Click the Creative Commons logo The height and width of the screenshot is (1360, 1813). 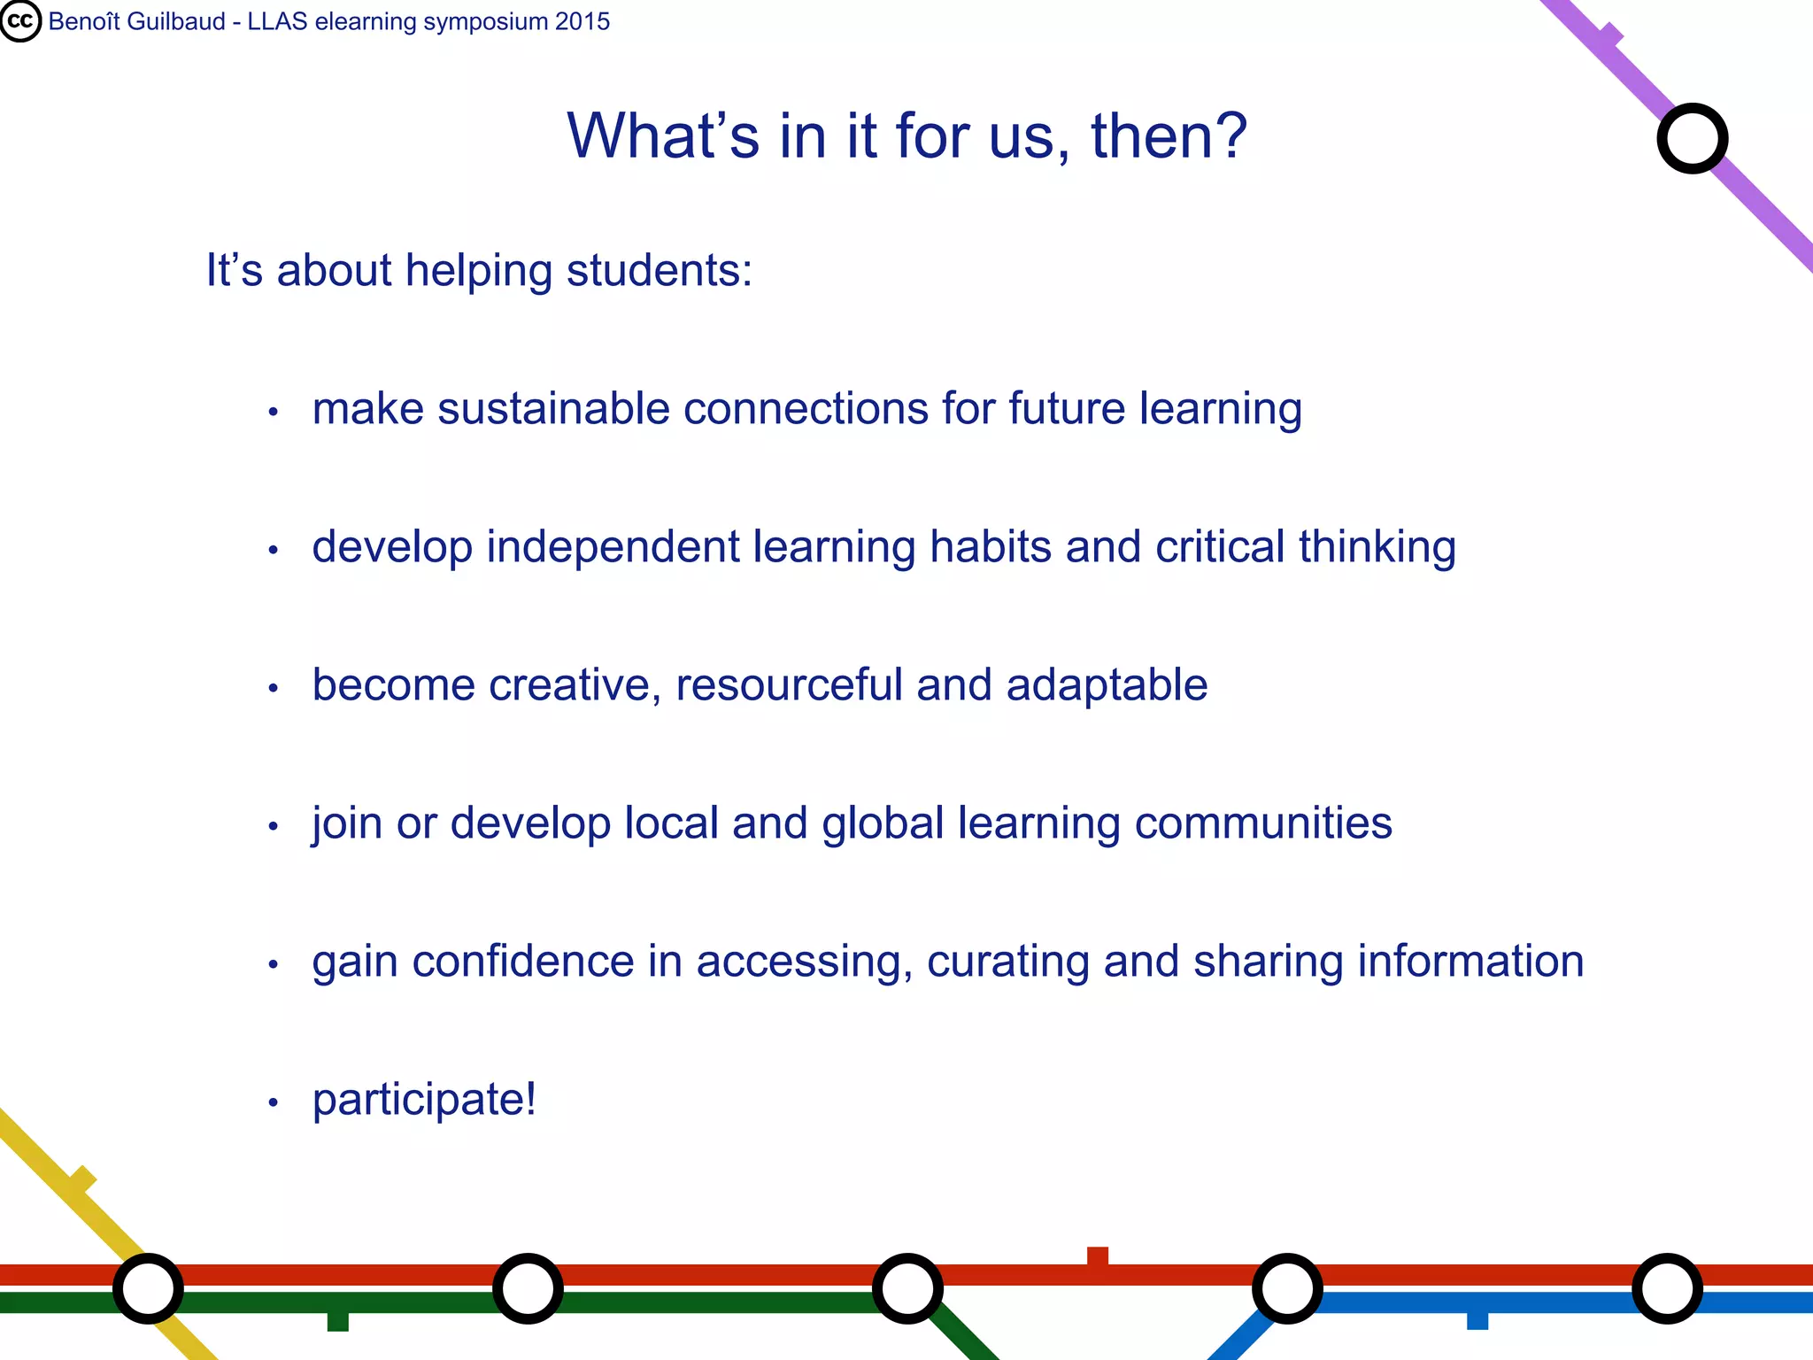[20, 21]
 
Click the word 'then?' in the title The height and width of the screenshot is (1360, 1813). [1169, 136]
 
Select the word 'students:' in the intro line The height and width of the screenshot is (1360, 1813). [659, 270]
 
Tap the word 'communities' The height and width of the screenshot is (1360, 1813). [1263, 823]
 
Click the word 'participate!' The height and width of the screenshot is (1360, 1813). [424, 1100]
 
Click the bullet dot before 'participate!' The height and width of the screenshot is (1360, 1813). [274, 1103]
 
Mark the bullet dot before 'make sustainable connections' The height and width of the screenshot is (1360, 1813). [274, 412]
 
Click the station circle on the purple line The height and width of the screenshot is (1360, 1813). [1692, 138]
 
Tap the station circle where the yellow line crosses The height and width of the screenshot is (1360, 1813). [148, 1288]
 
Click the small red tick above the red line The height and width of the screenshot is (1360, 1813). [1098, 1256]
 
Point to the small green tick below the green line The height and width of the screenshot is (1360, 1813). [337, 1321]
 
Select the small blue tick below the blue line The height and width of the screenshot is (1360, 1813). [1477, 1320]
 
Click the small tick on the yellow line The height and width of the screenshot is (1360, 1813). [82, 1180]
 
